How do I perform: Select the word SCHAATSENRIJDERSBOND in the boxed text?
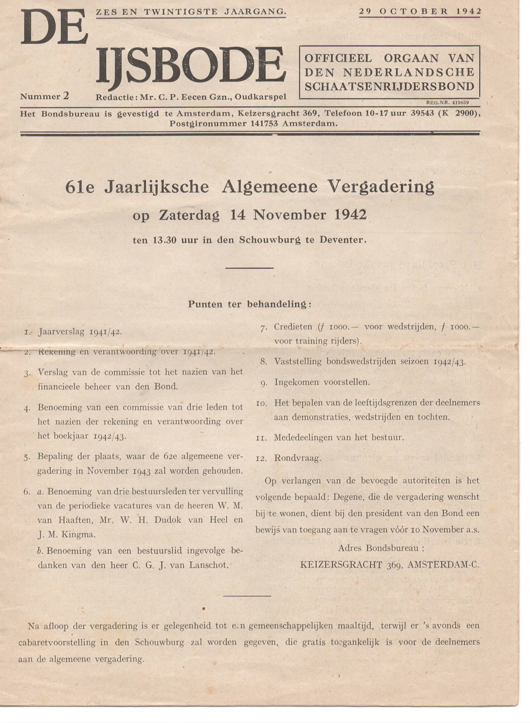click(389, 86)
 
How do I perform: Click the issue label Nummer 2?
click(45, 97)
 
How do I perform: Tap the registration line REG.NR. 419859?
click(447, 102)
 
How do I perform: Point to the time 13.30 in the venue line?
click(164, 240)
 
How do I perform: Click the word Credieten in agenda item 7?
click(293, 327)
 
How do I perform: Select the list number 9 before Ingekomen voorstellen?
click(264, 383)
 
